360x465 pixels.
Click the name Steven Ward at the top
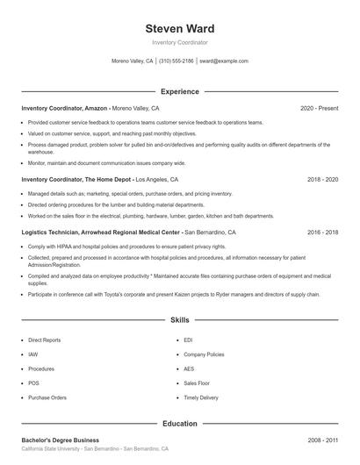[x=179, y=29]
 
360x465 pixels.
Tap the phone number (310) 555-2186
[x=176, y=61]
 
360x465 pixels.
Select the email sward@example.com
[x=223, y=61]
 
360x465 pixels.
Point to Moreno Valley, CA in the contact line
[x=132, y=61]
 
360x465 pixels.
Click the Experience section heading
[x=179, y=91]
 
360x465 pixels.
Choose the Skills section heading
[x=179, y=321]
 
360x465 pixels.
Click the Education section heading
[x=179, y=424]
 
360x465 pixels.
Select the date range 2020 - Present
[x=319, y=108]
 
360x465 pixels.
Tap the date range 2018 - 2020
[x=322, y=179]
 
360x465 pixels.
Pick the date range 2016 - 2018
[x=322, y=232]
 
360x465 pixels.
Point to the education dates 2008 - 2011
[x=322, y=440]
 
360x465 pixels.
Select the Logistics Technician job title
[x=100, y=232]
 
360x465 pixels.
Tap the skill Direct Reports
[x=45, y=339]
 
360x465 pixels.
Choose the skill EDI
[x=189, y=339]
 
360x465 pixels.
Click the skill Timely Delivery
[x=201, y=397]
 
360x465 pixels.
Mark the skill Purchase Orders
[x=47, y=397]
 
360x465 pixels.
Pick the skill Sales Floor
[x=197, y=383]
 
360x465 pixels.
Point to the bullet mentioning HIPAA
[x=126, y=247]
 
